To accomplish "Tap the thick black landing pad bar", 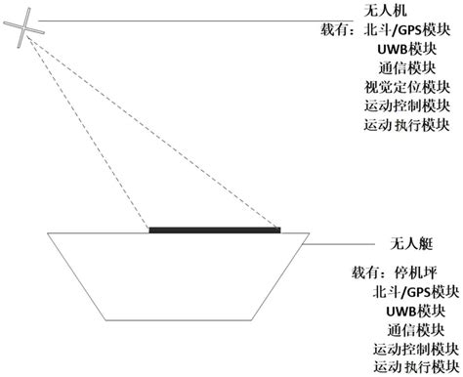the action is [214, 230].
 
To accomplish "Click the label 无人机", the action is [384, 11].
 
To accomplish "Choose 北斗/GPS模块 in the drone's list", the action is [406, 30].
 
